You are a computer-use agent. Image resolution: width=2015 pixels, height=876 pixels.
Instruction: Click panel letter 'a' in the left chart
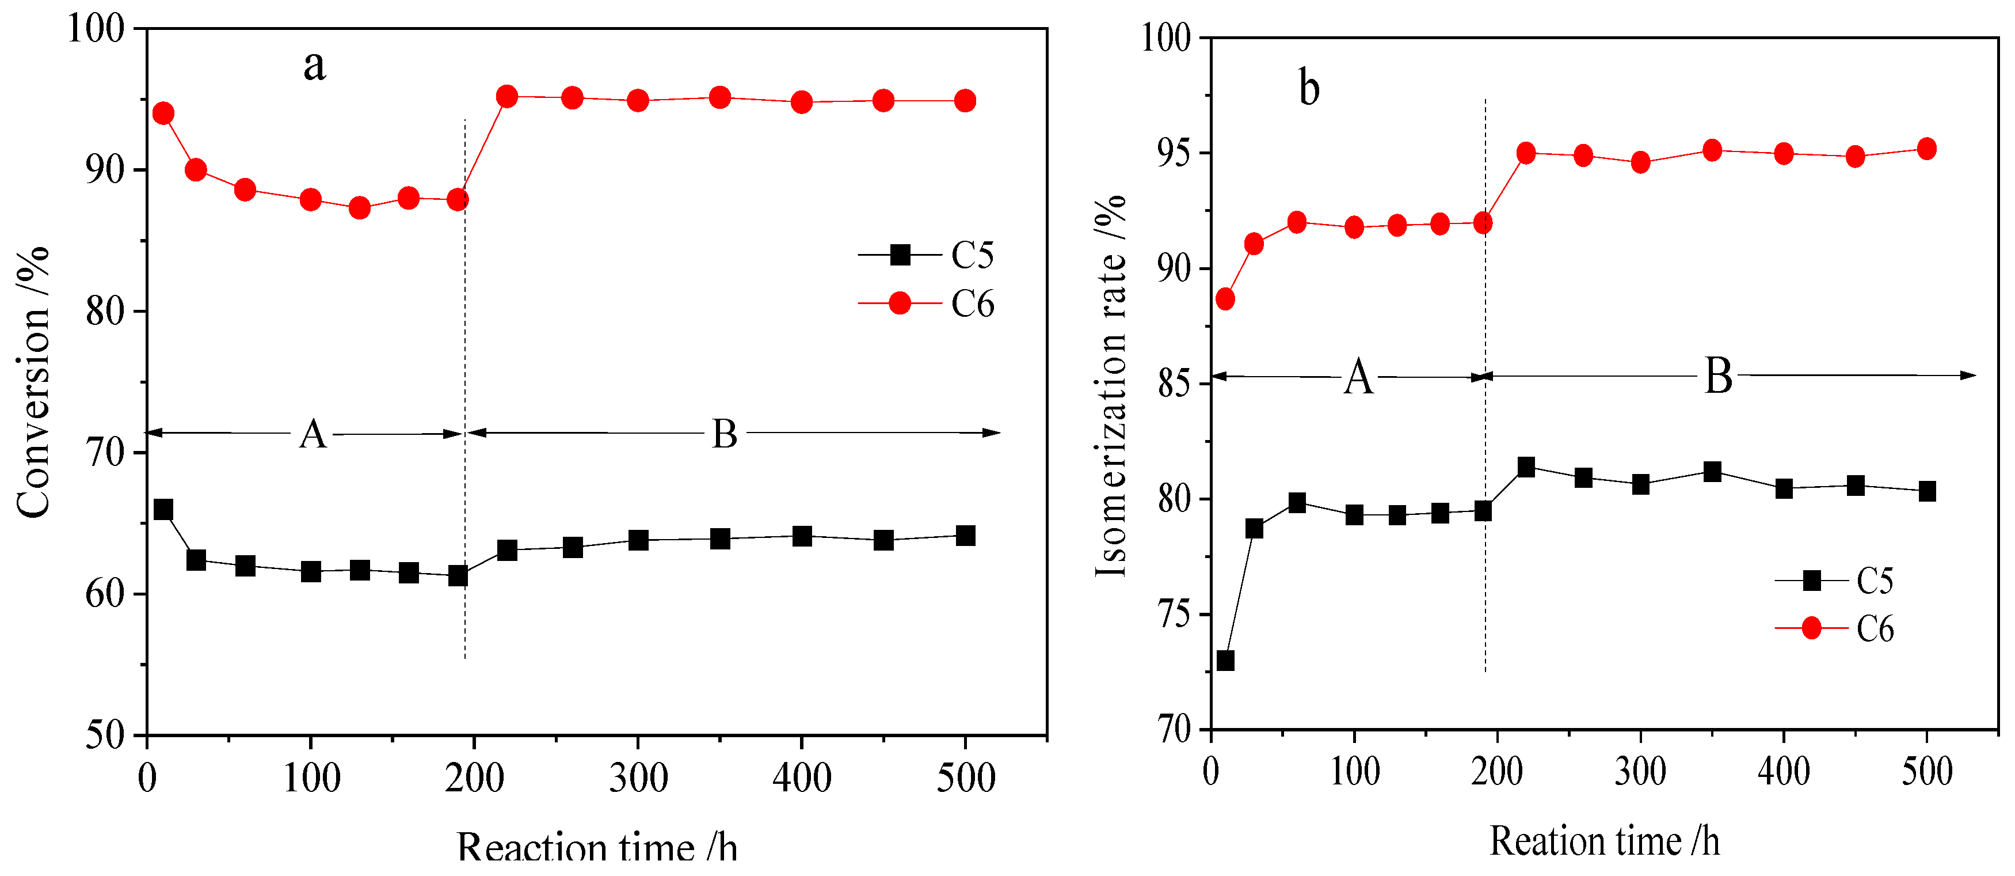click(x=314, y=66)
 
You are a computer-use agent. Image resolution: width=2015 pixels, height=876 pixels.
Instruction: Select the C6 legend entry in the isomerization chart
click(x=1834, y=628)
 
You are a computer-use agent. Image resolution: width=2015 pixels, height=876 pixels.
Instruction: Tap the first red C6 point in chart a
click(x=163, y=113)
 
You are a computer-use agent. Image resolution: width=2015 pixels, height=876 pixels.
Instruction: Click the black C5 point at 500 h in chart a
click(x=965, y=536)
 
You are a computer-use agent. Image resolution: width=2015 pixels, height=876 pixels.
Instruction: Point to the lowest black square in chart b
click(x=1225, y=661)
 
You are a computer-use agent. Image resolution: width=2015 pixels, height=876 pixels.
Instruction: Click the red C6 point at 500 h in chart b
click(x=1926, y=149)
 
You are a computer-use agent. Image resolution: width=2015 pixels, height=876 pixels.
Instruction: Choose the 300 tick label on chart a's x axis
click(x=638, y=778)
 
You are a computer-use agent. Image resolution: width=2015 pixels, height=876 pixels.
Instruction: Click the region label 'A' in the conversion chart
click(x=313, y=434)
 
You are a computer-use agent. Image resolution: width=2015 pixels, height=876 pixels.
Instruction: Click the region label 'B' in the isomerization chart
click(x=1718, y=377)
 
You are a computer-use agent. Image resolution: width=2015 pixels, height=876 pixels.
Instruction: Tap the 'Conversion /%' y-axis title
click(x=33, y=382)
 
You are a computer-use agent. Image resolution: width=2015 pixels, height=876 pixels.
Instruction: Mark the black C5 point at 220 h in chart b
click(x=1525, y=467)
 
